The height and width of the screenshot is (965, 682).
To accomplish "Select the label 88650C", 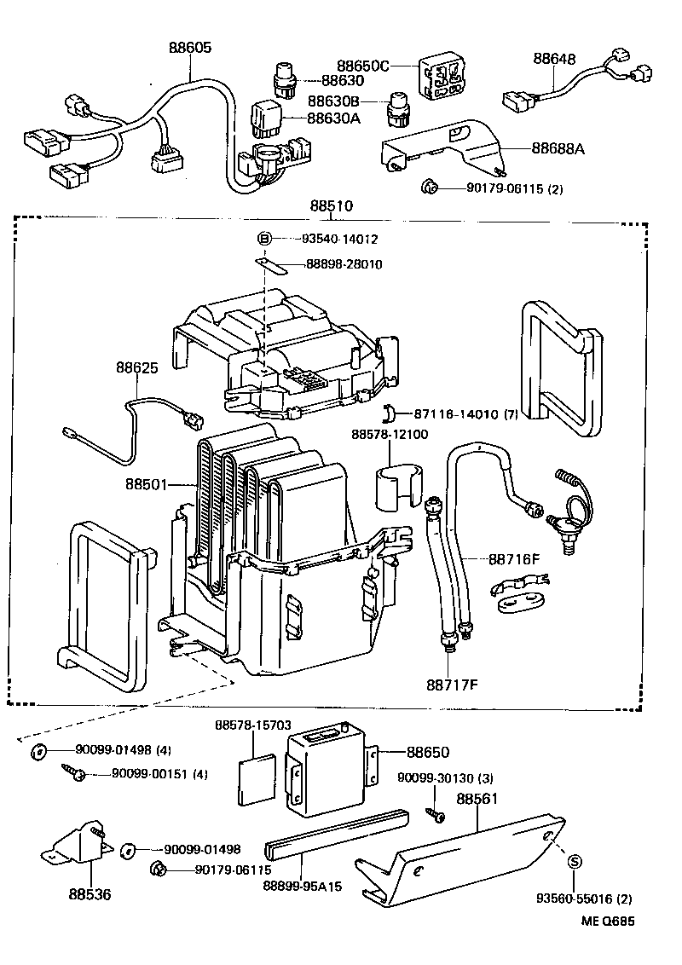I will (362, 66).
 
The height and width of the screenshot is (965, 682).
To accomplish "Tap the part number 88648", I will (555, 59).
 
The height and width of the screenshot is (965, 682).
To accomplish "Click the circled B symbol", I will (264, 240).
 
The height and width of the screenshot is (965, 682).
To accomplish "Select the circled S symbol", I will (575, 861).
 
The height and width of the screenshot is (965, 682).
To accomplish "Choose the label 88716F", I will (515, 559).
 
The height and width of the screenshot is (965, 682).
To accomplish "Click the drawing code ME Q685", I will (609, 921).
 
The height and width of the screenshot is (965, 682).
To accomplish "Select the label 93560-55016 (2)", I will (584, 899).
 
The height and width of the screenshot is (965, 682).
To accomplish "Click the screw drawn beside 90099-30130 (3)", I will (436, 815).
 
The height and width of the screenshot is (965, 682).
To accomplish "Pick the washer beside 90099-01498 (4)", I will (39, 751).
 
